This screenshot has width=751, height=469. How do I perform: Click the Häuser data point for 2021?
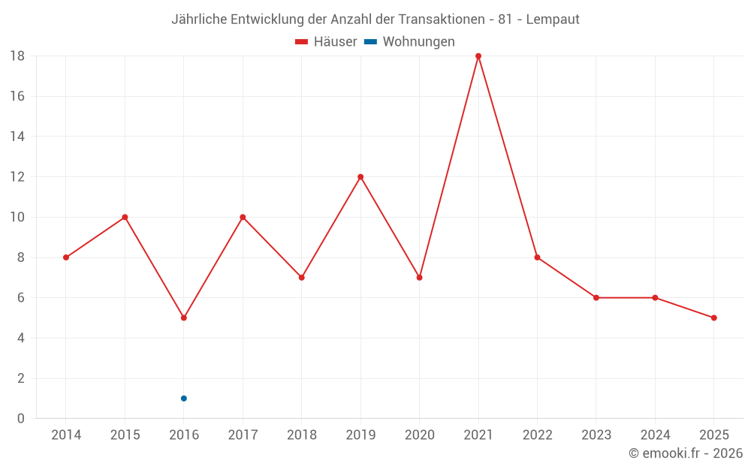pyautogui.click(x=478, y=56)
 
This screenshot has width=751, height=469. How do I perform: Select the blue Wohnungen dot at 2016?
pyautogui.click(x=184, y=398)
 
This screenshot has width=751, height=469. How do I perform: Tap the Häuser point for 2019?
pyautogui.click(x=360, y=177)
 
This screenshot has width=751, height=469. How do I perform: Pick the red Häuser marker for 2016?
pyautogui.click(x=184, y=317)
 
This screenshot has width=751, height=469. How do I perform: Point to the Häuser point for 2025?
pyautogui.click(x=714, y=317)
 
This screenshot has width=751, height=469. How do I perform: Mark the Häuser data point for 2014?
pyautogui.click(x=66, y=257)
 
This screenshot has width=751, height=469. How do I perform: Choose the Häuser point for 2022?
pyautogui.click(x=537, y=257)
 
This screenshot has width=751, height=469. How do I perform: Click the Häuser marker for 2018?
pyautogui.click(x=302, y=278)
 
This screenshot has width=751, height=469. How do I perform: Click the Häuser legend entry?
pyautogui.click(x=326, y=42)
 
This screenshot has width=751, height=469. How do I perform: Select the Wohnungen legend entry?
pyautogui.click(x=410, y=42)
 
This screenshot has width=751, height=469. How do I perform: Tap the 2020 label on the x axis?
pyautogui.click(x=419, y=434)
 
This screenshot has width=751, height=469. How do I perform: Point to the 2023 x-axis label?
pyautogui.click(x=596, y=434)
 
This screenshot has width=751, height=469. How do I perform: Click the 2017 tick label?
pyautogui.click(x=243, y=434)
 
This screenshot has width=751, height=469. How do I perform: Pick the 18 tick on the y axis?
pyautogui.click(x=17, y=56)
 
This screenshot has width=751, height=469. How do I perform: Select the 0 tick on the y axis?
pyautogui.click(x=21, y=419)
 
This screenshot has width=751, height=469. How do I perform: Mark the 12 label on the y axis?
pyautogui.click(x=17, y=177)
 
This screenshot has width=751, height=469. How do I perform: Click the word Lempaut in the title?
pyautogui.click(x=553, y=20)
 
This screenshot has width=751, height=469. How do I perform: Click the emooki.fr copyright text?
pyautogui.click(x=686, y=453)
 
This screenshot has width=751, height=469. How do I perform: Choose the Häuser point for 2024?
pyautogui.click(x=655, y=298)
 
